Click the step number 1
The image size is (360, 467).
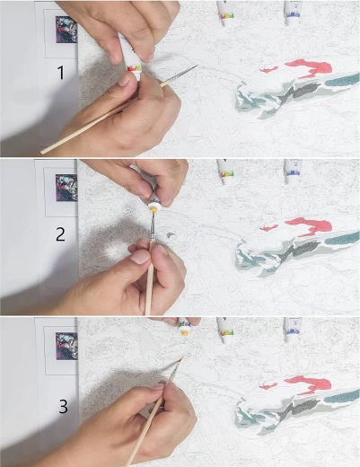click(x=61, y=73)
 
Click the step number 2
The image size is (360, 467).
click(x=60, y=234)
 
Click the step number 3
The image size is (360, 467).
click(x=63, y=407)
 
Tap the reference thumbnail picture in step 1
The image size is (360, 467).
click(x=66, y=30)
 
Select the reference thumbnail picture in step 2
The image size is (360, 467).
click(x=66, y=188)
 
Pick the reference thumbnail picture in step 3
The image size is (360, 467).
click(x=66, y=346)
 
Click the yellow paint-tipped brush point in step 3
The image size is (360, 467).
click(x=181, y=359)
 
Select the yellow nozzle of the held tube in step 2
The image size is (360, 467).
click(x=154, y=208)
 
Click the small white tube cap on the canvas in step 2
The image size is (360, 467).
click(x=171, y=235)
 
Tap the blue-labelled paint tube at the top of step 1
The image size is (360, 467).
click(x=292, y=13)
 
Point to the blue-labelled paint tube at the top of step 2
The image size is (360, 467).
click(x=293, y=172)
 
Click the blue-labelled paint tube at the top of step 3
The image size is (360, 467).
click(x=293, y=330)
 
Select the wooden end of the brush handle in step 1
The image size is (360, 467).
click(x=42, y=152)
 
